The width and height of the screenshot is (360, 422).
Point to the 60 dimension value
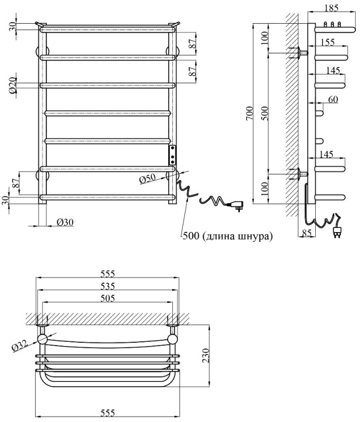(x=333, y=99)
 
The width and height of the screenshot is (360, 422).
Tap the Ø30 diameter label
(x=65, y=222)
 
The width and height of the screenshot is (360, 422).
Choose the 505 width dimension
(x=108, y=298)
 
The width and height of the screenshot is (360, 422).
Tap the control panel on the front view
(x=172, y=155)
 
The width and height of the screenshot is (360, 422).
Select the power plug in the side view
(x=336, y=231)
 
